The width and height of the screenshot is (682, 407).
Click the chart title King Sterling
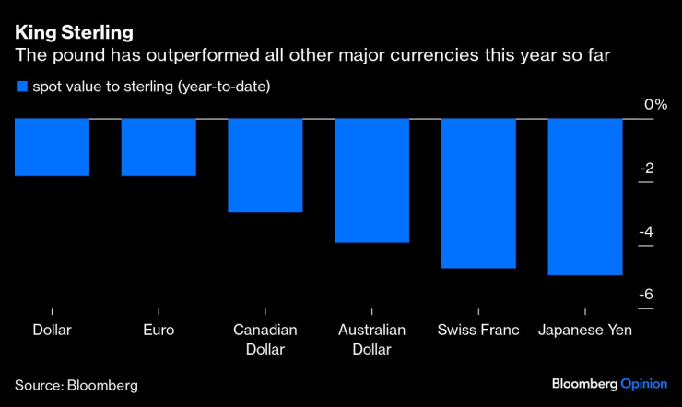pyautogui.click(x=74, y=32)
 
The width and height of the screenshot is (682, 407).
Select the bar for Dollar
pyautogui.click(x=53, y=147)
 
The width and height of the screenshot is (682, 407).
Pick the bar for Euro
pyautogui.click(x=159, y=147)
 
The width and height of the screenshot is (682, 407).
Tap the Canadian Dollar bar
pyautogui.click(x=265, y=166)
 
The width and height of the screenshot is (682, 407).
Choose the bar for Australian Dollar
pyautogui.click(x=371, y=180)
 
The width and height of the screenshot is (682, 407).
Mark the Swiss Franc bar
pyautogui.click(x=478, y=193)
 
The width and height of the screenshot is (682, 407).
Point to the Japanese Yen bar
pyautogui.click(x=585, y=197)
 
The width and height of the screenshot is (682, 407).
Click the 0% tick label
pyautogui.click(x=655, y=104)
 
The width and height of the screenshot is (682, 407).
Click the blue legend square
pyautogui.click(x=21, y=87)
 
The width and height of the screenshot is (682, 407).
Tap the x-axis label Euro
pyautogui.click(x=159, y=331)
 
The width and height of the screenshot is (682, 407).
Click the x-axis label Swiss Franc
pyautogui.click(x=478, y=331)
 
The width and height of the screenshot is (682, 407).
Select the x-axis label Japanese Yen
pyautogui.click(x=585, y=331)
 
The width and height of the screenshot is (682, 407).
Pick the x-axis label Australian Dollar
pyautogui.click(x=371, y=340)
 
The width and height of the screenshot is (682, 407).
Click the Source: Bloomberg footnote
pyautogui.click(x=76, y=385)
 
